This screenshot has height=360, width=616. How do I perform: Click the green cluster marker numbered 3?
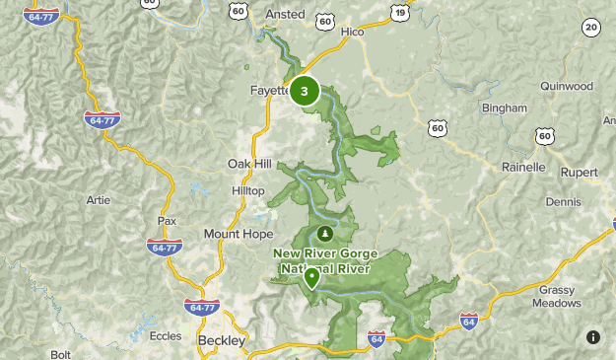(x=304, y=92)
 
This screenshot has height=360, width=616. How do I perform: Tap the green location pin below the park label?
(x=311, y=277)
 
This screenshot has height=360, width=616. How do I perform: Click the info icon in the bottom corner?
(x=592, y=337)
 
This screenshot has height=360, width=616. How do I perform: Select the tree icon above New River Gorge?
(x=325, y=235)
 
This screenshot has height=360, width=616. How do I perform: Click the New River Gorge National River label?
(x=322, y=260)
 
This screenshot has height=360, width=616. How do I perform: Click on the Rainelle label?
(x=523, y=167)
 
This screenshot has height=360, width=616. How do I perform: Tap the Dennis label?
(x=564, y=201)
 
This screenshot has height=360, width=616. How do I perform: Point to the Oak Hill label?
(x=249, y=164)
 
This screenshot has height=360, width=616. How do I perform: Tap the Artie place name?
(x=99, y=199)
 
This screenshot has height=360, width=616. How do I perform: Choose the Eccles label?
(x=166, y=336)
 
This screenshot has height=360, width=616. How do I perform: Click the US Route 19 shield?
(x=398, y=12)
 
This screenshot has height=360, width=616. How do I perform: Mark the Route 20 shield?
(x=590, y=28)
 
